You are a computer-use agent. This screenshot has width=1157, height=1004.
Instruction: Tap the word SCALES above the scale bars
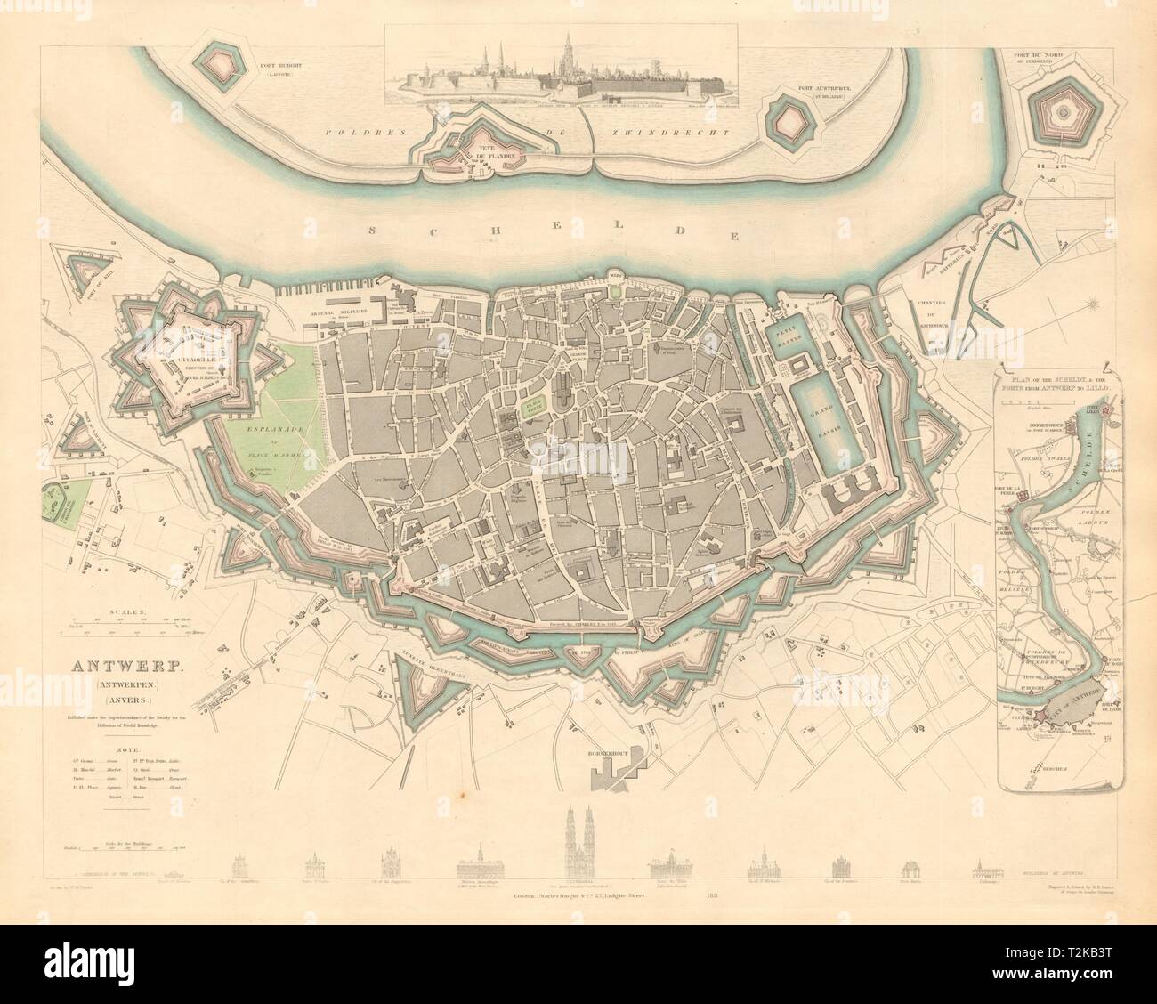[127, 613]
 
